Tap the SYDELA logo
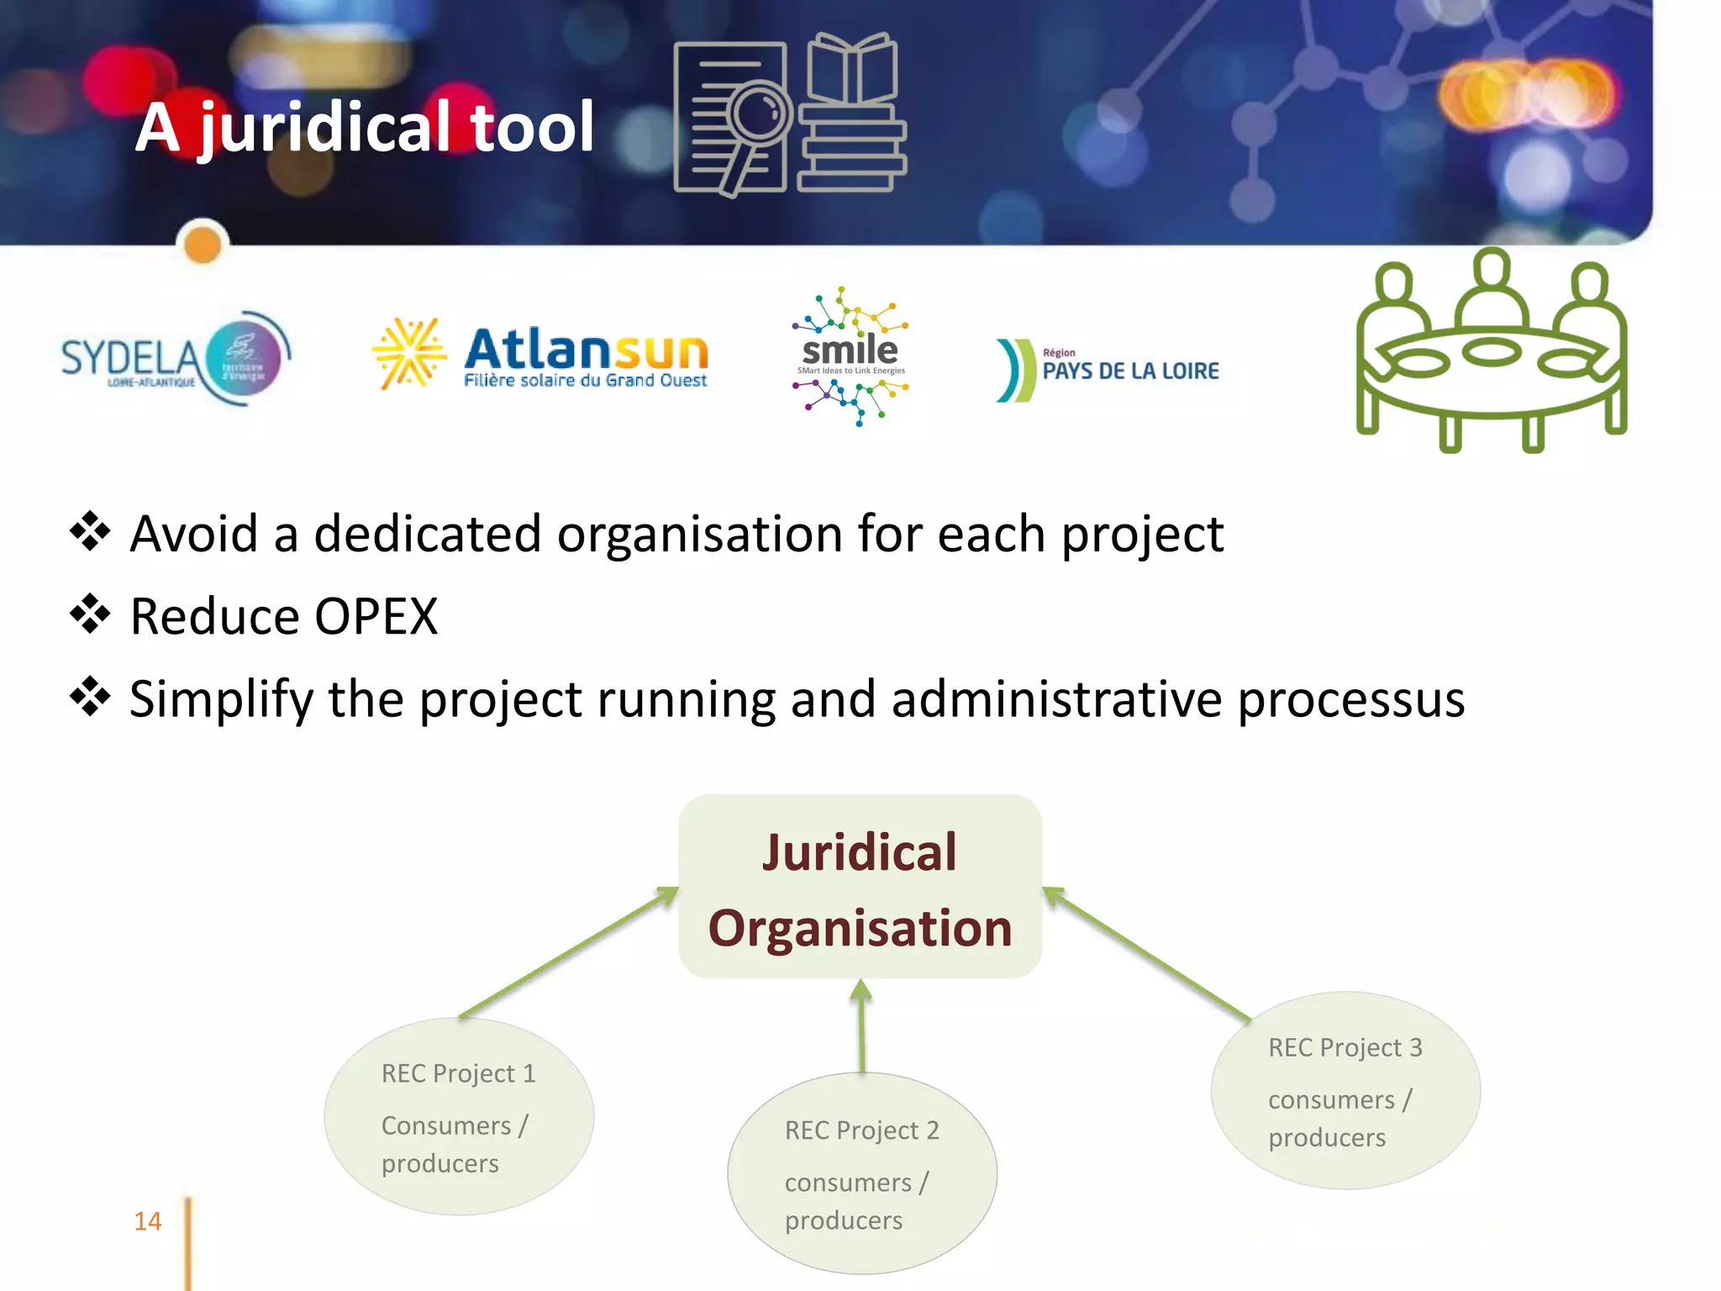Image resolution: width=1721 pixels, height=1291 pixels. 175,360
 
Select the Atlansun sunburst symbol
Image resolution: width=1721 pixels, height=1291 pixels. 408,353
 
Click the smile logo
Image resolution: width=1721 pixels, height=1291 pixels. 850,356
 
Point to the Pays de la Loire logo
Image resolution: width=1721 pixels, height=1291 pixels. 1108,370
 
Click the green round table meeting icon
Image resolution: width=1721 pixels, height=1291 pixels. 1491,353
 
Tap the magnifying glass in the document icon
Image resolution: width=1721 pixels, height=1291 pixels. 759,113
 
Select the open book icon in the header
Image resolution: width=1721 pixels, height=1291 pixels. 852,69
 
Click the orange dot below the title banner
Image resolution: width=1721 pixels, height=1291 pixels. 203,245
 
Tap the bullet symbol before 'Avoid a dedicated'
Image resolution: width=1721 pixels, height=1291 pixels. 90,532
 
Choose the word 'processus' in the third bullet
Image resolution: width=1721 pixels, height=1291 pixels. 1350,699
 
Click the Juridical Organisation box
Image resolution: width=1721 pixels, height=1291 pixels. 860,887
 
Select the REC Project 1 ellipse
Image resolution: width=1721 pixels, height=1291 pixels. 459,1116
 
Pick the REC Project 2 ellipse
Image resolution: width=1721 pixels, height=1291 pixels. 861,1173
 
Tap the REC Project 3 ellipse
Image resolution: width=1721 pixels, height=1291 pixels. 1345,1091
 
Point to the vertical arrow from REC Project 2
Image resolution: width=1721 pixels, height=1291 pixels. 861,1027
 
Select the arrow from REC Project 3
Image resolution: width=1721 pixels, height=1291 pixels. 1147,954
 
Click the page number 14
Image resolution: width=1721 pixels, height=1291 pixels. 148,1221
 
